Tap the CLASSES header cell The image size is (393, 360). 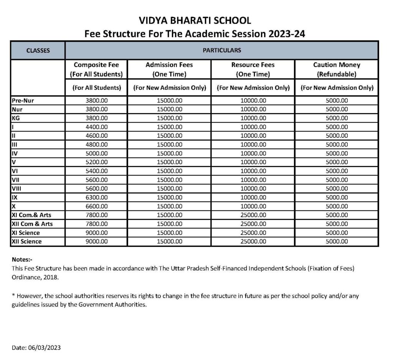pos(38,50)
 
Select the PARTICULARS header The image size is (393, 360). pos(221,50)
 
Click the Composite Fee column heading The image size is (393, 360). pos(98,69)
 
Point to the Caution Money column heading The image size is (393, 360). pos(337,69)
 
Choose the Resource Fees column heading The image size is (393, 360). pos(253,69)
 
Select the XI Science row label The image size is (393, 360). pos(26,233)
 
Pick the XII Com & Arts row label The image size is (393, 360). pos(32,224)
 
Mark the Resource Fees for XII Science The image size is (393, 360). pos(253,242)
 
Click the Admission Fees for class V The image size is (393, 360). pos(169,162)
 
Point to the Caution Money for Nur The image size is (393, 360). pos(337,109)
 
